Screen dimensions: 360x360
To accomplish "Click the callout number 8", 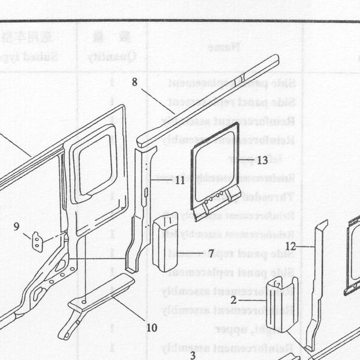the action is tap(134, 82).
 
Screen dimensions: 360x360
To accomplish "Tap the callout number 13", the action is tap(263, 160).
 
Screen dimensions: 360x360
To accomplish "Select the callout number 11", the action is tap(180, 180).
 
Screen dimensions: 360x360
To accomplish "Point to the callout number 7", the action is tap(211, 254).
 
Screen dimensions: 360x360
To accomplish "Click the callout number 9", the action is tap(16, 227).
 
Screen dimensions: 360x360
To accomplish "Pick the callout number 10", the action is tap(152, 327).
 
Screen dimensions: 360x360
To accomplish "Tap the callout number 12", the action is tap(290, 246).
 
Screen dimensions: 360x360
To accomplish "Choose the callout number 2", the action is tap(233, 300).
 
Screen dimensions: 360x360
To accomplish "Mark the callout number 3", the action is tap(193, 355).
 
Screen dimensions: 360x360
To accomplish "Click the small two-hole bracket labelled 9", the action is tap(37, 242).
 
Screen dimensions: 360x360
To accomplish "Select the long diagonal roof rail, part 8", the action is tap(208, 101).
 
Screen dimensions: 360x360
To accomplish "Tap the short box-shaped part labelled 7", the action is tap(165, 242).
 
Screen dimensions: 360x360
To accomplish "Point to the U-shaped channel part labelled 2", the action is tap(282, 305).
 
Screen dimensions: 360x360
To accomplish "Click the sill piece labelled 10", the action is tap(96, 305).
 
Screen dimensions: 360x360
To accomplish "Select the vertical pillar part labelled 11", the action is tap(141, 209).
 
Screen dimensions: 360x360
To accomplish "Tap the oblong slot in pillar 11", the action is tap(146, 192).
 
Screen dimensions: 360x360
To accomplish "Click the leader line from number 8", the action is tap(158, 101).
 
